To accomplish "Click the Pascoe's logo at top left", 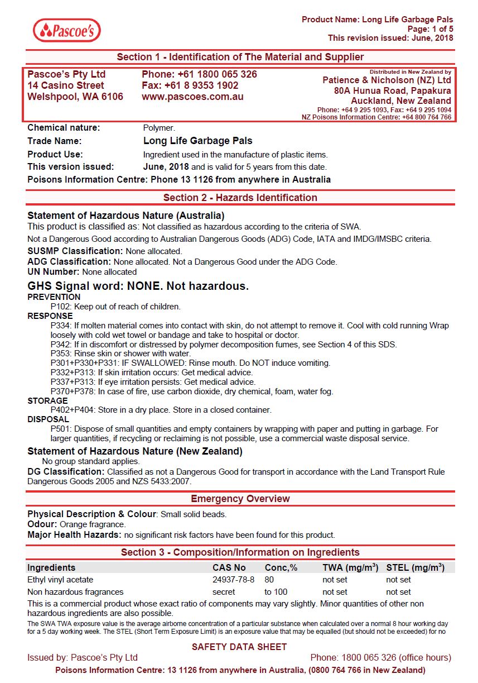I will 67,31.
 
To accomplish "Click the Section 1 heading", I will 240,57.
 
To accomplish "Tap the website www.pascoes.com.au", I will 192,97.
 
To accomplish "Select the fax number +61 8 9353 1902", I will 190,85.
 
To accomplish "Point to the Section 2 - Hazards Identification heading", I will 240,198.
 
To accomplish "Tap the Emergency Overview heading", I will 240,499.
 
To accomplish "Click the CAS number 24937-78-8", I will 233,580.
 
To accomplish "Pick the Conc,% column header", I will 281,567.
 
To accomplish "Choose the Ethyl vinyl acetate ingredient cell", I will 60,580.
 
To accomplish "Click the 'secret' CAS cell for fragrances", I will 224,592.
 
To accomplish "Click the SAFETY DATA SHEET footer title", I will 239,647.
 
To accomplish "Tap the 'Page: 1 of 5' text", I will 430,29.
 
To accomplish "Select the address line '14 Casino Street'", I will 66,85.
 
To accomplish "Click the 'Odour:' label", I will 42,525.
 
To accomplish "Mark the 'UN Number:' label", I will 54,272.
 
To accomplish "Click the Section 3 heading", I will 240,552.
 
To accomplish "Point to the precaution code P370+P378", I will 73,391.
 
